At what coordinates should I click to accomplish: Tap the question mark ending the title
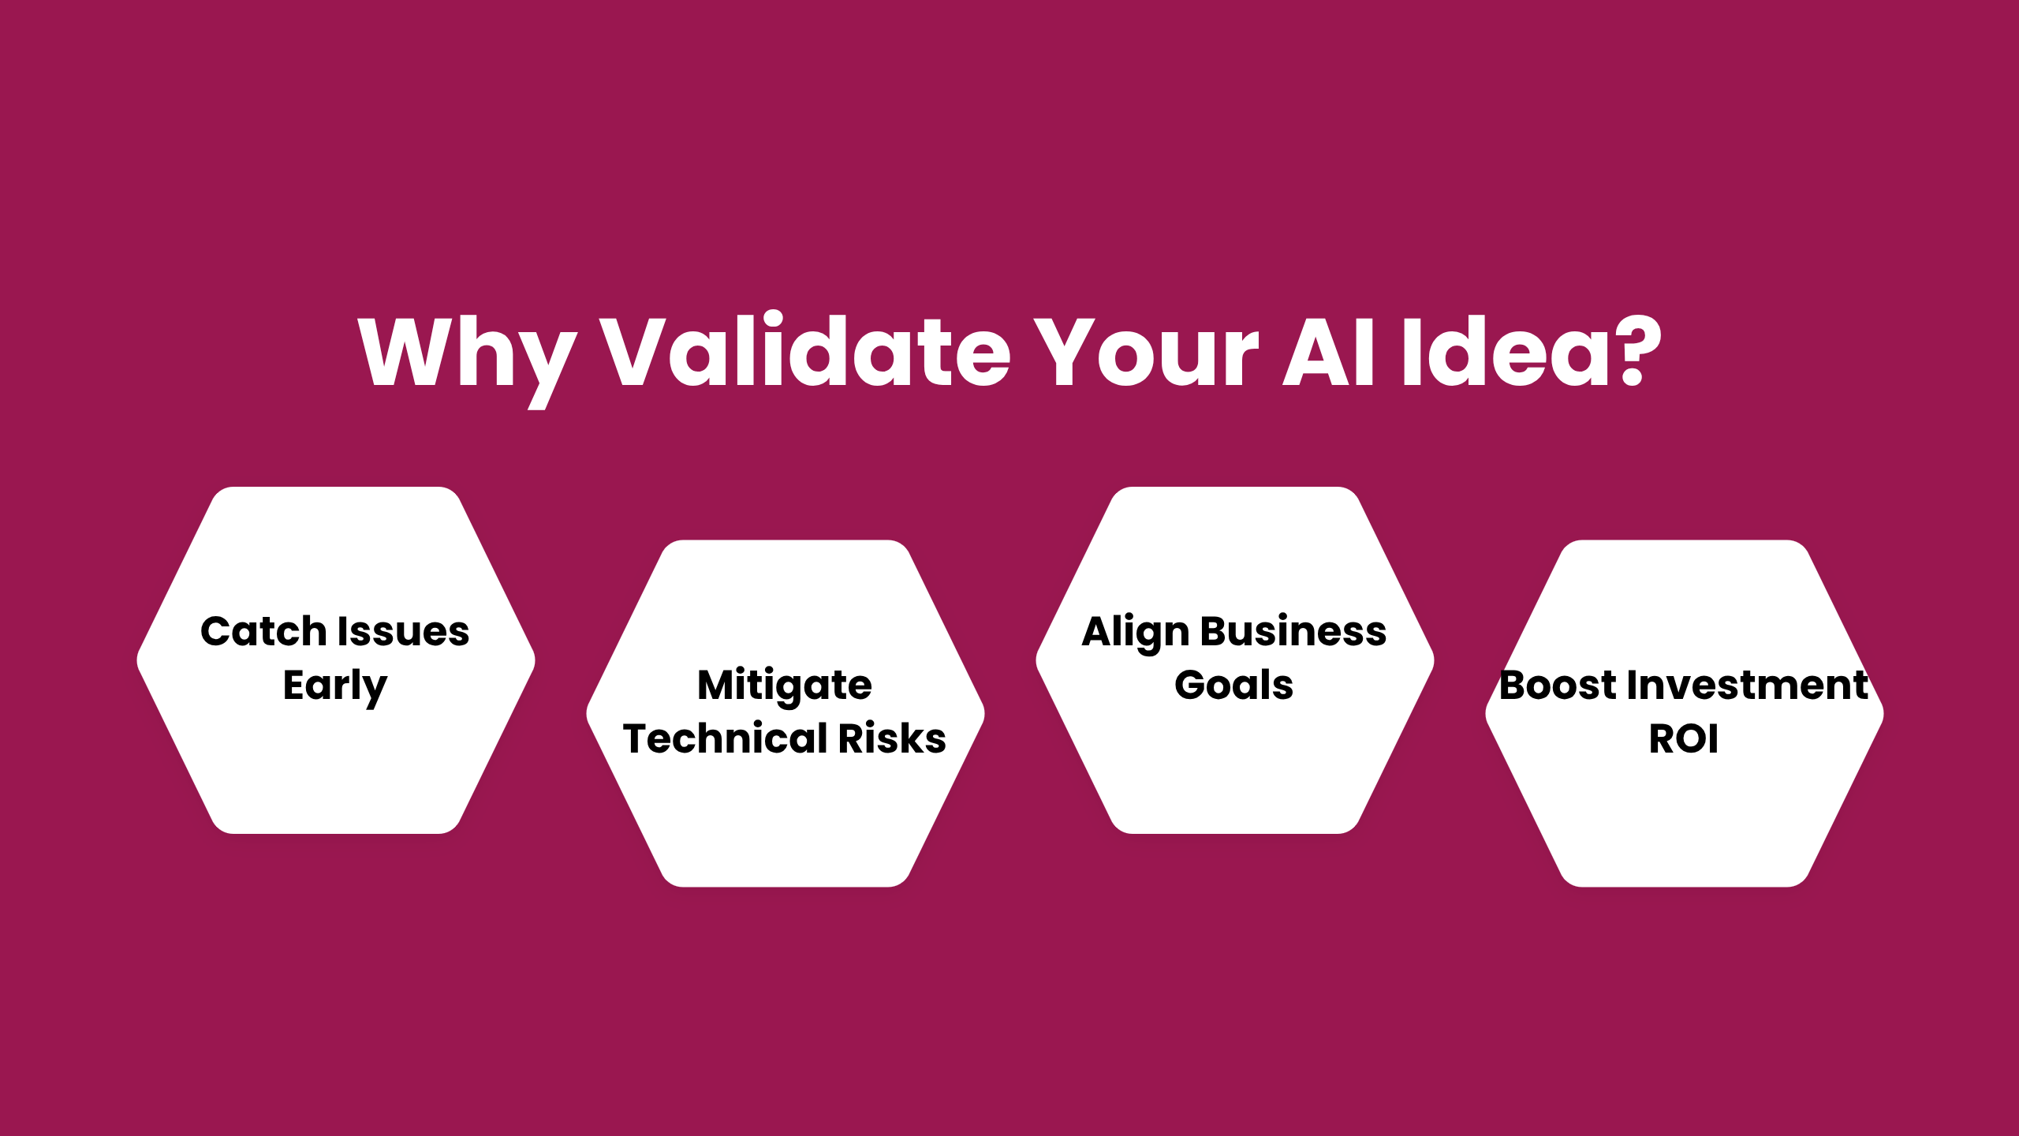click(x=1638, y=349)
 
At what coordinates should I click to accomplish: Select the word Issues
click(x=404, y=632)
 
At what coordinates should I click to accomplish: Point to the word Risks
click(x=892, y=739)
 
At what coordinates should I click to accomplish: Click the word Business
click(x=1293, y=632)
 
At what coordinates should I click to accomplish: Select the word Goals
click(x=1234, y=685)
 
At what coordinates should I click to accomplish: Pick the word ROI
click(x=1684, y=739)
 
